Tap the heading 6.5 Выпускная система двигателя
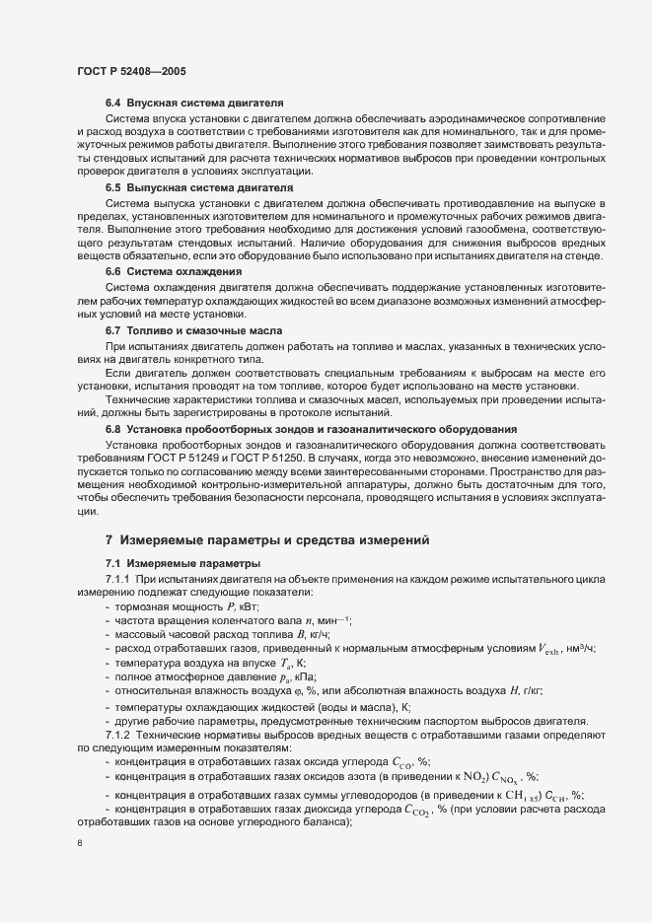pyautogui.click(x=198, y=187)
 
